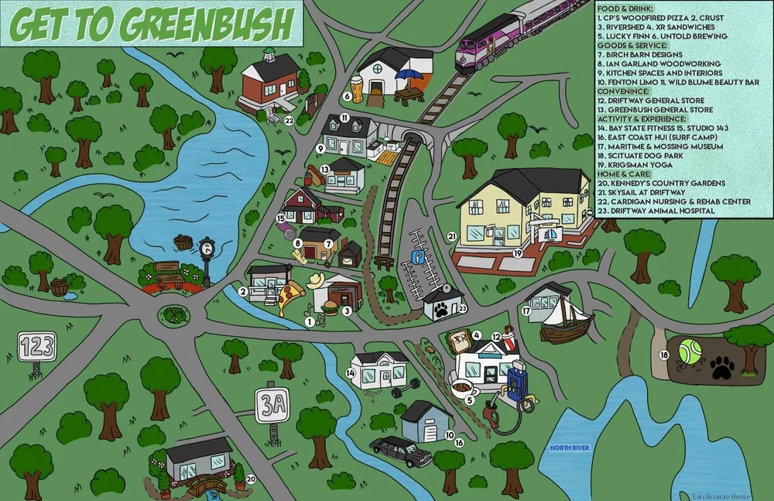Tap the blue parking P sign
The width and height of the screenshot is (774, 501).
(x=417, y=255)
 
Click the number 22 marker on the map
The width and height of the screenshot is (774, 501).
(x=288, y=120)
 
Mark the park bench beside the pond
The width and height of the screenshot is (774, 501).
(x=167, y=271)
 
